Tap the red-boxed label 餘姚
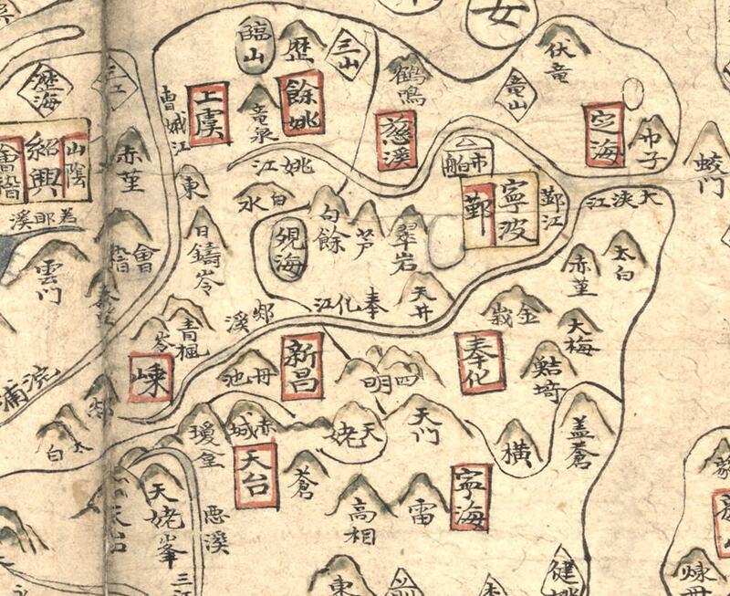click(x=301, y=103)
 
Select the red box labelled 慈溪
click(x=396, y=140)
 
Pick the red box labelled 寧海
click(x=471, y=497)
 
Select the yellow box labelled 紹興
click(x=45, y=157)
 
